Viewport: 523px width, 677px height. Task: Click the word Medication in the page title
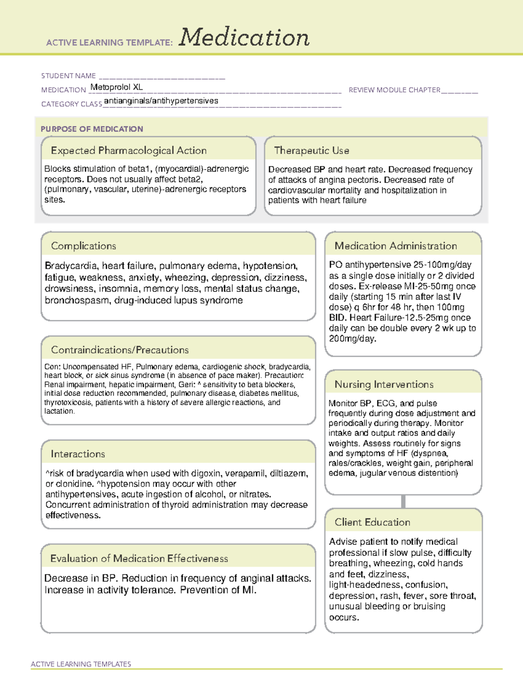pos(244,38)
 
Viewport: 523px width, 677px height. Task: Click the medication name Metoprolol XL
pos(116,87)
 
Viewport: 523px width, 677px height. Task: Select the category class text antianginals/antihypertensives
pos(161,101)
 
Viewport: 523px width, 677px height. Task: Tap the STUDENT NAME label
pos(68,76)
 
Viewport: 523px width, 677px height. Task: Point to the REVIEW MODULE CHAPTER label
pos(394,90)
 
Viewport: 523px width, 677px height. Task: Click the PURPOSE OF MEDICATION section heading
pos(92,129)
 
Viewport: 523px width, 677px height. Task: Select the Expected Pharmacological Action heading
pos(129,150)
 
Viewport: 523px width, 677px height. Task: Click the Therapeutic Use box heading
pos(311,150)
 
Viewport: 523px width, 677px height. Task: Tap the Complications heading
pos(83,246)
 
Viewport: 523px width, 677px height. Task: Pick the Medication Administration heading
pos(395,246)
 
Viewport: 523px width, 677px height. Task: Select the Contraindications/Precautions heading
pos(119,350)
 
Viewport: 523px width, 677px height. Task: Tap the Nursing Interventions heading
pos(384,384)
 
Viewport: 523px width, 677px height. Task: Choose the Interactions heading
pos(78,454)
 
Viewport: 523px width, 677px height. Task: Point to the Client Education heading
pos(372,522)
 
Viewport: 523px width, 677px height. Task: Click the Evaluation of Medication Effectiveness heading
pos(139,558)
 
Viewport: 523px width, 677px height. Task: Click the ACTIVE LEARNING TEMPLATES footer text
pos(81,664)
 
